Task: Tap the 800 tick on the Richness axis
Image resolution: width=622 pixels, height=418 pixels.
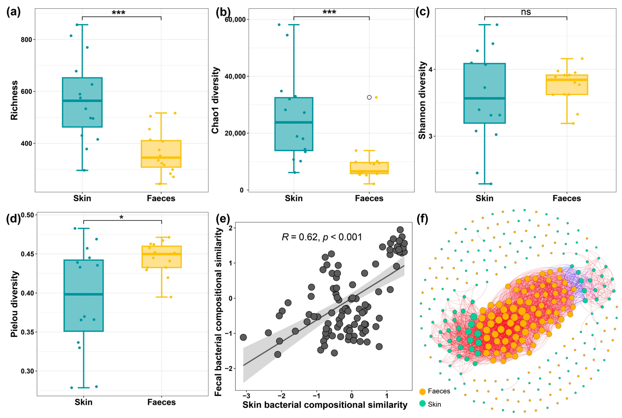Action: tap(26, 40)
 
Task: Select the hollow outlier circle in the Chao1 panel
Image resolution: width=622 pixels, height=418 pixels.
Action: tap(369, 97)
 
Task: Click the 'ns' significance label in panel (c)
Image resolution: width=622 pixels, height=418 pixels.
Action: tap(526, 12)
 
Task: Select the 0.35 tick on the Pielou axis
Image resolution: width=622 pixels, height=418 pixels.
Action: tap(27, 332)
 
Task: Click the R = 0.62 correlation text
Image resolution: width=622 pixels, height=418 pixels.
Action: tap(322, 237)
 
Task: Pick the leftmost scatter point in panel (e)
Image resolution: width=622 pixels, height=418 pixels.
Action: tap(243, 337)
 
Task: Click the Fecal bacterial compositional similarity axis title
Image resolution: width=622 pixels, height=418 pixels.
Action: tap(218, 312)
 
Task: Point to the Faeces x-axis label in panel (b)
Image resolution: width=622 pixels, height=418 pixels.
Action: tap(369, 198)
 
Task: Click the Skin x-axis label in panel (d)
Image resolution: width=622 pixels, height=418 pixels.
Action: tap(84, 402)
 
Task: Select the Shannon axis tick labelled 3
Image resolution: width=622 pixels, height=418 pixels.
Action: tap(430, 136)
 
